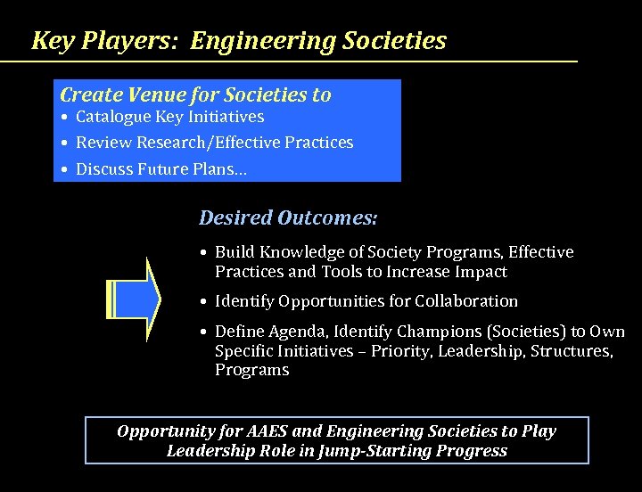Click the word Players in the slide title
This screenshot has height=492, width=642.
click(x=134, y=40)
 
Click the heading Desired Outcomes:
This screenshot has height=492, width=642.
click(x=288, y=217)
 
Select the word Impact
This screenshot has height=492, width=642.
click(x=478, y=272)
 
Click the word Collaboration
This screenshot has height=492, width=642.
click(x=460, y=301)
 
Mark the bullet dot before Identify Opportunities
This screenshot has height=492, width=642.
click(x=205, y=302)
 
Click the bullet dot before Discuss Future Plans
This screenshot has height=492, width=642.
click(x=66, y=169)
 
